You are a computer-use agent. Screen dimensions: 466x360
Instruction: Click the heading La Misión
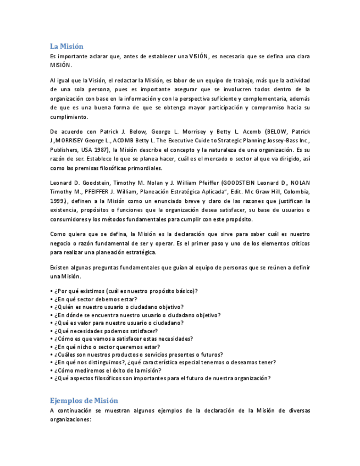point(67,46)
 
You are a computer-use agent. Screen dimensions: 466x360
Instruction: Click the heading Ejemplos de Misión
point(84,400)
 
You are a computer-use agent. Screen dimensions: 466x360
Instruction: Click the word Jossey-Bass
point(278,141)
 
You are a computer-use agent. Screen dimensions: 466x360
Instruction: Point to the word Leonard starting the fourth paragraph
point(61,182)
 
